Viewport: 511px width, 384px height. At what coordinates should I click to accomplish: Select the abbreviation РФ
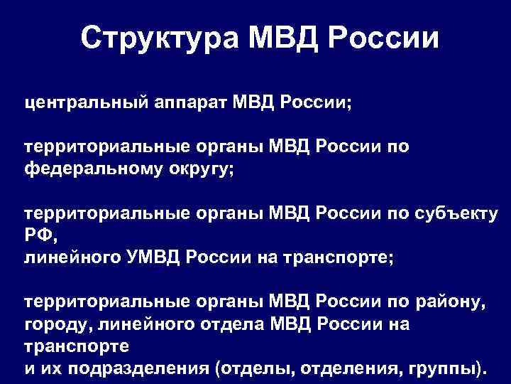[37, 236]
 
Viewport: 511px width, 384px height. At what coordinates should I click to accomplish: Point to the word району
[451, 304]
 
